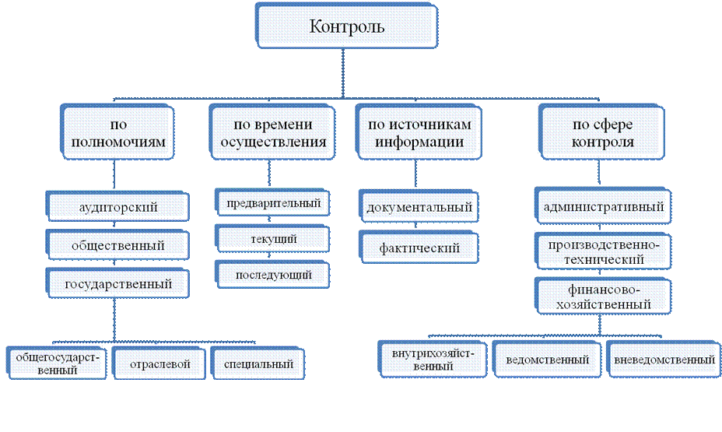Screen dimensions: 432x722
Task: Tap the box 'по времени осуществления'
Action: [268, 133]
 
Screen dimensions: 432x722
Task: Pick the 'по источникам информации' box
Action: [414, 133]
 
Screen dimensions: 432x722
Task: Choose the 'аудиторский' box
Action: [118, 208]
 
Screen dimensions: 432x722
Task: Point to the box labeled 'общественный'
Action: [118, 245]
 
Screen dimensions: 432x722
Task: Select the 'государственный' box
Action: [118, 283]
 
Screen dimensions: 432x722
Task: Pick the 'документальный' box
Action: [419, 209]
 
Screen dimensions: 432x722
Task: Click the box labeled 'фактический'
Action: [419, 248]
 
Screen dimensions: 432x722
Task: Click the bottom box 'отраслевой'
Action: [159, 364]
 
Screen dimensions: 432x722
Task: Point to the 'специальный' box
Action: [258, 364]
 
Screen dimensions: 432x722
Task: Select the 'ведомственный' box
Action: [546, 360]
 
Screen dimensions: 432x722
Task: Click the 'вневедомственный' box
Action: [664, 360]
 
